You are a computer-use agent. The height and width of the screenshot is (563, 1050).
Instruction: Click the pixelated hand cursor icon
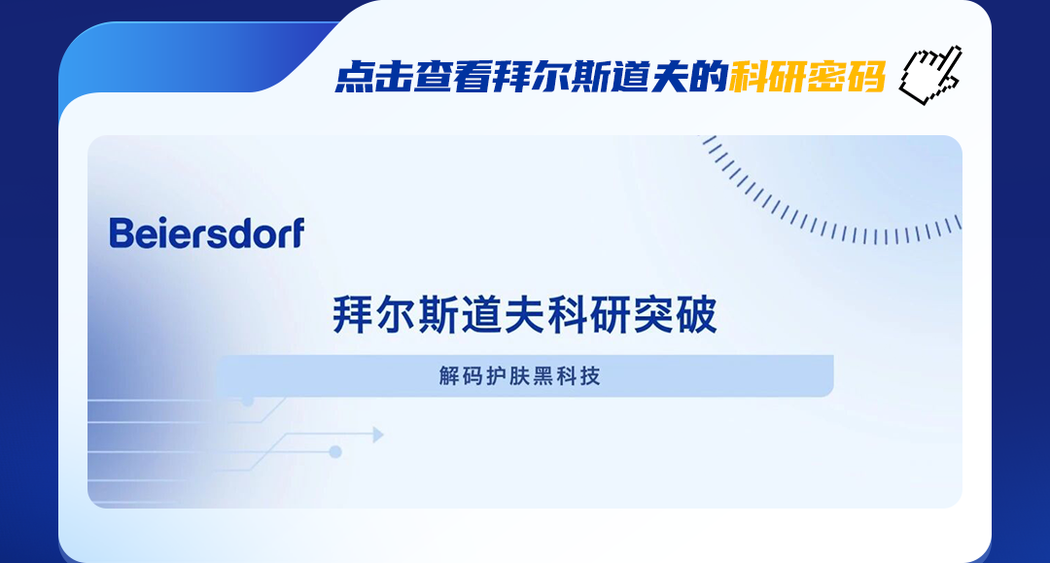coord(930,75)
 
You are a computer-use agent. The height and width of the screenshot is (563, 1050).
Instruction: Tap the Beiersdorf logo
coord(207,233)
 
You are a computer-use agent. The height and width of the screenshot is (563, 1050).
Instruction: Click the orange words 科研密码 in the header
coord(808,77)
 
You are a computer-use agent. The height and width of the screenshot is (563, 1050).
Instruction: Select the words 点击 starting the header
coord(373,77)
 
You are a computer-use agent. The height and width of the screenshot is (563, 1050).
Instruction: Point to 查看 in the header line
coord(452,77)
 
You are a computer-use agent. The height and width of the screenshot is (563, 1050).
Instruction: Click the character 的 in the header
coord(709,77)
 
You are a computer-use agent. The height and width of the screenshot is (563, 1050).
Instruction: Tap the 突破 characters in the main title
coord(675,314)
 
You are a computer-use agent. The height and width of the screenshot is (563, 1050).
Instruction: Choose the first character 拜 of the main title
coord(353,314)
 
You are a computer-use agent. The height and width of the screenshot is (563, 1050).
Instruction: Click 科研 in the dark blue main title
coord(589,314)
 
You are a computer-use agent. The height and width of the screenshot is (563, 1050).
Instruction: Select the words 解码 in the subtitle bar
coord(462,376)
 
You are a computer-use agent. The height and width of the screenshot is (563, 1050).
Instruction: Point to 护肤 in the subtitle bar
coord(508,376)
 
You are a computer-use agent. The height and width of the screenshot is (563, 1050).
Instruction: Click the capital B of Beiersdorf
coord(122,233)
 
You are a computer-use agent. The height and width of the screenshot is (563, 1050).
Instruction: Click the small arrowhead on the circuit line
coord(377,436)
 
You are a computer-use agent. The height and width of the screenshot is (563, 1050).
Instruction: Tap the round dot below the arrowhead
coord(335,452)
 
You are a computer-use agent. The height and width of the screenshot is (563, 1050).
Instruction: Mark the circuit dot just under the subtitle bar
coord(248,401)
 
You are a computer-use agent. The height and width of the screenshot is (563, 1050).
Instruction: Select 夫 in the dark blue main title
coord(525,314)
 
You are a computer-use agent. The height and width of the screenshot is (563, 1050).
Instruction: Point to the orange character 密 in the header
coord(827,77)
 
